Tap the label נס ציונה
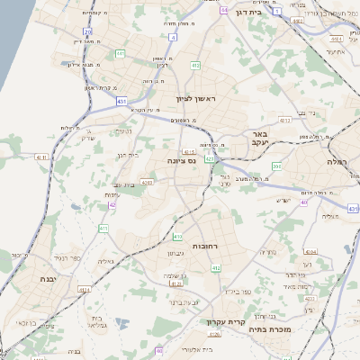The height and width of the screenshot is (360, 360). (x=183, y=160)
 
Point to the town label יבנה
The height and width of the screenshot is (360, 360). (x=48, y=279)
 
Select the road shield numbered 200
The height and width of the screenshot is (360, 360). (x=277, y=166)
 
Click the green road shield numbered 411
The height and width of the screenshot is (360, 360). (x=103, y=229)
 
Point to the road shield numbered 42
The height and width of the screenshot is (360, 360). (x=112, y=205)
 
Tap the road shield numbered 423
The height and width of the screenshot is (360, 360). (x=210, y=159)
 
